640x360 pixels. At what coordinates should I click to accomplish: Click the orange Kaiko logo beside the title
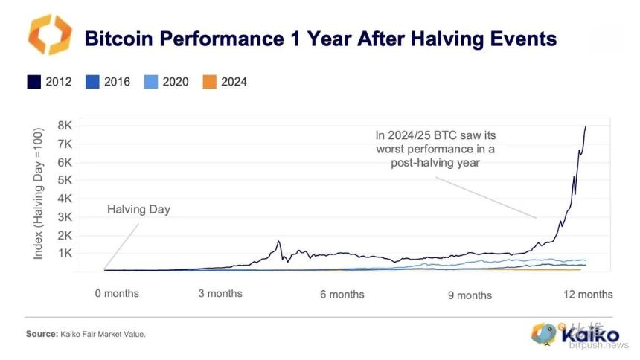point(50,35)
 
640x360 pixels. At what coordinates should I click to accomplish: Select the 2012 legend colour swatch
point(34,82)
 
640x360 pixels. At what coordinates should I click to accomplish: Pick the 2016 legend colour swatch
point(93,82)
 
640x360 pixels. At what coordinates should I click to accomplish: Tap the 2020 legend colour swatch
point(151,82)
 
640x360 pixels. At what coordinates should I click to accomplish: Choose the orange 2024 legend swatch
point(209,82)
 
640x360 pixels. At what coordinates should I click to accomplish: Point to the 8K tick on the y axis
point(65,125)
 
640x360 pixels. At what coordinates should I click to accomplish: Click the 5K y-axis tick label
point(65,180)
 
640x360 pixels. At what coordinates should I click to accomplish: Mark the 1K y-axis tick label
point(65,254)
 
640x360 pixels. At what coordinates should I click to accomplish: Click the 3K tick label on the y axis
point(65,216)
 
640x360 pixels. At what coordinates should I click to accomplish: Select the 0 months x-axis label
point(117,294)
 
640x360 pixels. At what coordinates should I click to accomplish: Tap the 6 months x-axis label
point(342,295)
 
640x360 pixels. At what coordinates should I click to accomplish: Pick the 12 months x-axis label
point(588,295)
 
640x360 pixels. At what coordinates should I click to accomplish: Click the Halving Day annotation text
point(138,210)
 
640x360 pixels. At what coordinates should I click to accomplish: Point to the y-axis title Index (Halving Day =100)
point(38,193)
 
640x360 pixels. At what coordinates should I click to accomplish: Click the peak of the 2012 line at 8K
point(586,126)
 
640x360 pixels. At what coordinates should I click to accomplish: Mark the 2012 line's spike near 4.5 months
point(279,241)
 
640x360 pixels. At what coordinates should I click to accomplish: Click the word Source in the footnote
point(42,334)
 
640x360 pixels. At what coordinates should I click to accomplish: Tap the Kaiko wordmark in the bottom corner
point(590,335)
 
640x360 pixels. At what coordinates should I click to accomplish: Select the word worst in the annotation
point(391,149)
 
